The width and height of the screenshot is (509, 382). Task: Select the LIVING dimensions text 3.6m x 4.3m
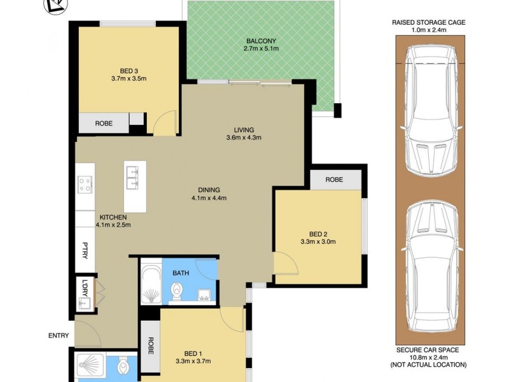[244, 138]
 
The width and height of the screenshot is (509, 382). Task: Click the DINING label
[209, 190]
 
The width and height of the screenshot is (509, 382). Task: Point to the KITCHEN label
[113, 217]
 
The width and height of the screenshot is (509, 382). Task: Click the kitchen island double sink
[135, 178]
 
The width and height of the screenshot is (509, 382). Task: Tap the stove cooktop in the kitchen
[85, 185]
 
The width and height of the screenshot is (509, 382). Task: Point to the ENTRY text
[58, 336]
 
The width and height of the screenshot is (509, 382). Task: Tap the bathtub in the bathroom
[151, 285]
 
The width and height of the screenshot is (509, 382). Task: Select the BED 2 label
[317, 233]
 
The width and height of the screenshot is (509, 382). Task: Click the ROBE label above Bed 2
[334, 180]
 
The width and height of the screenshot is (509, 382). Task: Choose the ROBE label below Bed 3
[104, 124]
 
